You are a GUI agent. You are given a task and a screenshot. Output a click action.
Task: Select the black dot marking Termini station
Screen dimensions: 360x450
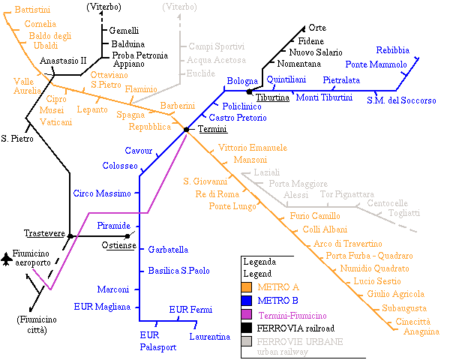point(186,130)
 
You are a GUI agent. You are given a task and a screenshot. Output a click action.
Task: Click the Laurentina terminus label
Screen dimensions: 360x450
point(209,337)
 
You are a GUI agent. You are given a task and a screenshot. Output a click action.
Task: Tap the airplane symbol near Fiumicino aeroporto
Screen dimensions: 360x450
point(7,259)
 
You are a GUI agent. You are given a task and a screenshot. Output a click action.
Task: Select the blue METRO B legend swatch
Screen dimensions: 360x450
point(247,301)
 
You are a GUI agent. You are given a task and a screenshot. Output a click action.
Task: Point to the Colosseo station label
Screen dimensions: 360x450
point(120,165)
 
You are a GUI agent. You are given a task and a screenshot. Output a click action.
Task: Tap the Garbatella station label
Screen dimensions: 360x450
point(168,249)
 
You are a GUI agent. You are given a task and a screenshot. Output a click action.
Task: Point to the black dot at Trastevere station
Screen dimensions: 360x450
point(70,236)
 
